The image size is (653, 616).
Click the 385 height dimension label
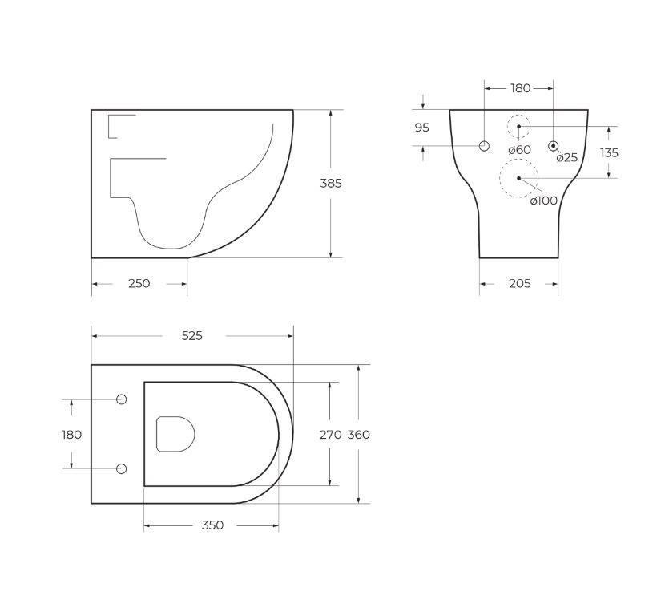[331, 183]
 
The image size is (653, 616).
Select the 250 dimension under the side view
[139, 283]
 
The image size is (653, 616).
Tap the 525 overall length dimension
[191, 336]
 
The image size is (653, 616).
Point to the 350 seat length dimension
[212, 525]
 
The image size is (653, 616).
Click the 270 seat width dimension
[330, 435]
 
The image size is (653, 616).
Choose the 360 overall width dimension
[358, 435]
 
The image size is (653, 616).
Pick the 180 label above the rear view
[520, 88]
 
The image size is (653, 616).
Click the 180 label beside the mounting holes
[71, 435]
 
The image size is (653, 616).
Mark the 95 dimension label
[422, 128]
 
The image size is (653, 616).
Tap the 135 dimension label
[609, 152]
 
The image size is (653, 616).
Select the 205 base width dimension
[519, 283]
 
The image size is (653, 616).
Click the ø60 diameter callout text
[519, 150]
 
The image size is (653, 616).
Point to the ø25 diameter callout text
[566, 157]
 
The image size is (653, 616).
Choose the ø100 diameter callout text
[543, 201]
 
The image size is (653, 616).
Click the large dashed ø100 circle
[518, 178]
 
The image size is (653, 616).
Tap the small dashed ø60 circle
[518, 127]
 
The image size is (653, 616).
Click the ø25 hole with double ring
[553, 145]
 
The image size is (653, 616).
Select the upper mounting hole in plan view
[122, 399]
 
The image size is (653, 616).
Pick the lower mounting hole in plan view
[122, 468]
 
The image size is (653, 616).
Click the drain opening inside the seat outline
[175, 434]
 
